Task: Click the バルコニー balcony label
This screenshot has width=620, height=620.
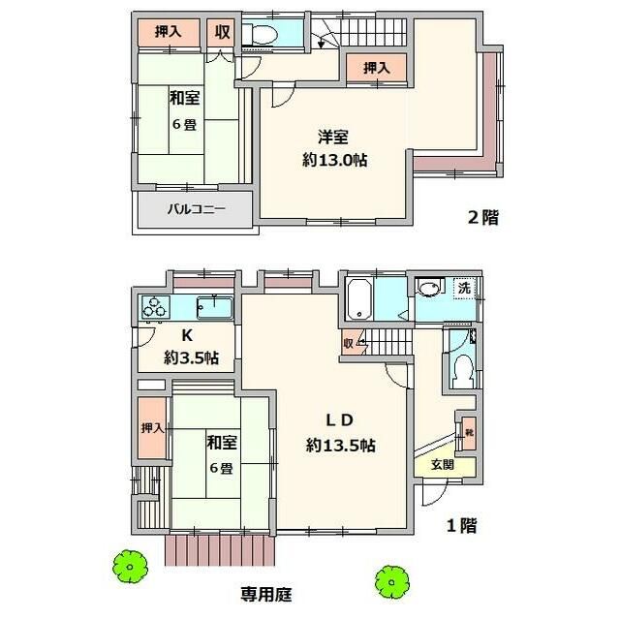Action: pos(196,208)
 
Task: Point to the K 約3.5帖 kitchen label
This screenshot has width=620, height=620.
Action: pos(190,347)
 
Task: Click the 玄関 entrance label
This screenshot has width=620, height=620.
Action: pos(442,464)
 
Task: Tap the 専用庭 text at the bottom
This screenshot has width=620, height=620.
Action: pos(265,592)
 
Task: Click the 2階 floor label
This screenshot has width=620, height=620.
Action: pos(483,218)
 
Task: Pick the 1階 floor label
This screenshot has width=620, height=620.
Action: pos(461,526)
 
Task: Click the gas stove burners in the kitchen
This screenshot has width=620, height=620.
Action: pos(155,309)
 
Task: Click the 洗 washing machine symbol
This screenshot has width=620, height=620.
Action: pos(465,288)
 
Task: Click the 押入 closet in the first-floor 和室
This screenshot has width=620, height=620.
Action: pos(150,427)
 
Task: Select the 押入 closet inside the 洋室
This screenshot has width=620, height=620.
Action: pos(377,68)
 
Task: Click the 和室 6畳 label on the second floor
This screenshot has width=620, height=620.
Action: pos(184,109)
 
